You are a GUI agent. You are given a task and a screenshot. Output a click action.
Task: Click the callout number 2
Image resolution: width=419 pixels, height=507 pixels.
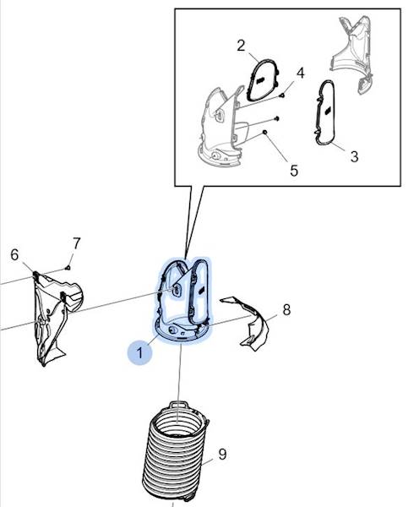[241, 46]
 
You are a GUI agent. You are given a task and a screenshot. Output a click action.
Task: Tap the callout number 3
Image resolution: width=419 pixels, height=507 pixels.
[354, 156]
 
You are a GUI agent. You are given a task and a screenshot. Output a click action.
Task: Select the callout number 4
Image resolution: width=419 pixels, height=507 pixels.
[301, 73]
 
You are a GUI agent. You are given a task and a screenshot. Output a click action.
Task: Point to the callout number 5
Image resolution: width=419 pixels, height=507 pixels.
[294, 171]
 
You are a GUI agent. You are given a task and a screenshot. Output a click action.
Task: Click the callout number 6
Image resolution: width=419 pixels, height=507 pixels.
[14, 255]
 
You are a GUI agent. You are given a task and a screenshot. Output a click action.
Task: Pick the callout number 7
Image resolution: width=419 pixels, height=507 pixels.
[76, 243]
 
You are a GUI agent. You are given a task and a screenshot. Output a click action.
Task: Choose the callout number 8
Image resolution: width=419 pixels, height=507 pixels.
[286, 310]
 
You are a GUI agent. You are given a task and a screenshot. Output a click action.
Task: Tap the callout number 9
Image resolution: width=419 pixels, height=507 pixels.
[222, 455]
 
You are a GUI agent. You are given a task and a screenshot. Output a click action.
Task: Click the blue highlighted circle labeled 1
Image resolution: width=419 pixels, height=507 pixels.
[139, 352]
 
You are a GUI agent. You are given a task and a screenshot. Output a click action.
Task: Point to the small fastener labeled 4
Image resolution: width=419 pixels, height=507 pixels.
[282, 95]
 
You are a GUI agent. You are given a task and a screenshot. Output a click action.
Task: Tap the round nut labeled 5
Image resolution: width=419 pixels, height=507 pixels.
[264, 133]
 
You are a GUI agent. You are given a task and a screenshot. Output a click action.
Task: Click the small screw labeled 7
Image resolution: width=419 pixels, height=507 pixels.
[68, 267]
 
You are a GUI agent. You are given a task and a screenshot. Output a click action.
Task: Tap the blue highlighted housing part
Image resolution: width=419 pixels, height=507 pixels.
[182, 301]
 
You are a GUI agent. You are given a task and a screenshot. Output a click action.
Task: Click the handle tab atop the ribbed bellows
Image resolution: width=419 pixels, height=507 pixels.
[178, 405]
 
